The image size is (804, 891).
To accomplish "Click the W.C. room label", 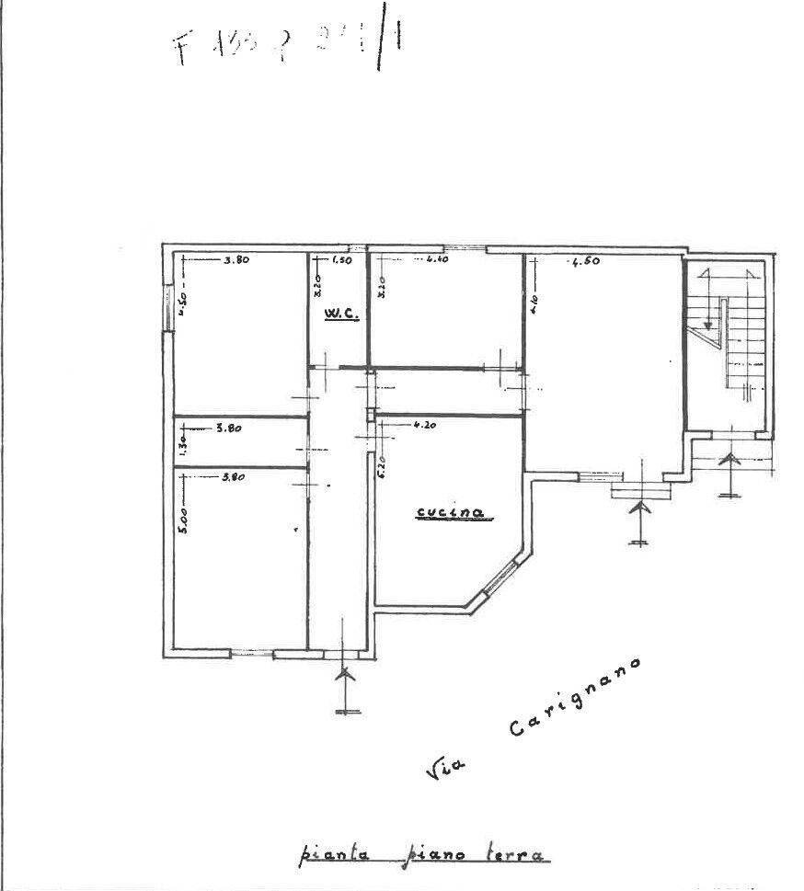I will pyautogui.click(x=339, y=314).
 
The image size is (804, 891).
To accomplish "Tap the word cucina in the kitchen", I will pyautogui.click(x=450, y=514).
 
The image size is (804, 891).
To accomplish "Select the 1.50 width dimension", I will pyautogui.click(x=341, y=260).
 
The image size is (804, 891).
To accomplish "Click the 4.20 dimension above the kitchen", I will pyautogui.click(x=424, y=425).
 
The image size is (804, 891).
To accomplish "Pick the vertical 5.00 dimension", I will pyautogui.click(x=182, y=520).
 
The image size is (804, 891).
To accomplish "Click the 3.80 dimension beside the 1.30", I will pyautogui.click(x=228, y=427).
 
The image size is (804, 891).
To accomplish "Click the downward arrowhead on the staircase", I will pyautogui.click(x=707, y=324).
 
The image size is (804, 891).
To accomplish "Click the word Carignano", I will pyautogui.click(x=574, y=698).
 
